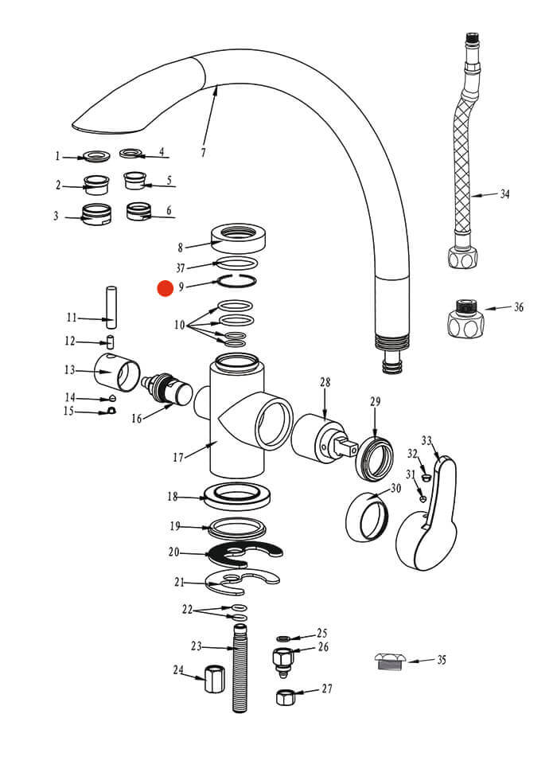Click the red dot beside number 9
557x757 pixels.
pos(165,288)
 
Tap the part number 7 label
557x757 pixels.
pos(203,152)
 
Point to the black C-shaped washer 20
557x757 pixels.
pos(243,551)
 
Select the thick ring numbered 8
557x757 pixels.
pos(238,236)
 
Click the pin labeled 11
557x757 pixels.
pos(112,306)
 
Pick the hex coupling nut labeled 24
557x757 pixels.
pos(212,681)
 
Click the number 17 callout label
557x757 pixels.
pos(178,457)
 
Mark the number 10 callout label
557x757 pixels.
pos(180,326)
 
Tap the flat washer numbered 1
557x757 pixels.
pos(98,156)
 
